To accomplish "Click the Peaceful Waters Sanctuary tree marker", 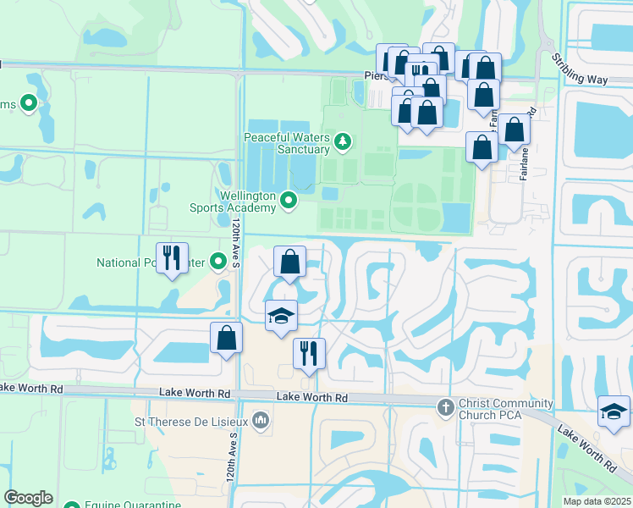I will [x=343, y=141].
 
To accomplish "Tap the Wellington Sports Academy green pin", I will [x=289, y=201].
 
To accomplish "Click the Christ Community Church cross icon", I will [x=446, y=407].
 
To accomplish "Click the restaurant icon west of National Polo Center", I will [x=173, y=257].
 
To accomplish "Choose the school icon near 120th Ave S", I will [x=281, y=317].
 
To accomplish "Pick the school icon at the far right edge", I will [x=614, y=411].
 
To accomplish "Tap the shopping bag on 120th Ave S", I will [x=227, y=338].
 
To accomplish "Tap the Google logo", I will [x=28, y=498].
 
